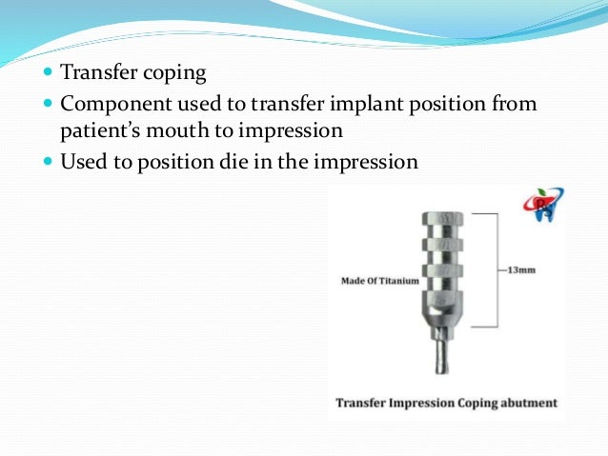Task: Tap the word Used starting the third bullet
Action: point(82,161)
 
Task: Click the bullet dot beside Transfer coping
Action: point(50,72)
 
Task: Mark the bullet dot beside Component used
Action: point(50,104)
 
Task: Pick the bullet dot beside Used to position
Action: point(50,161)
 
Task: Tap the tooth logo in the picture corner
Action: point(542,205)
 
